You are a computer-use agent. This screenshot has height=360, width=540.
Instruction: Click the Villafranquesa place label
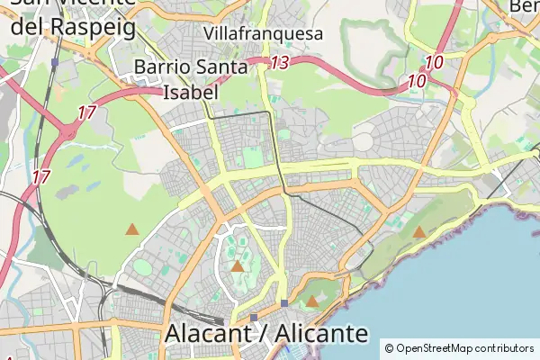click(263, 33)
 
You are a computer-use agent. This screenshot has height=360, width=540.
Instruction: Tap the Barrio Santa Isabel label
click(189, 79)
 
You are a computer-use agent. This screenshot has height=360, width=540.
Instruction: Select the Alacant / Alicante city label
click(266, 334)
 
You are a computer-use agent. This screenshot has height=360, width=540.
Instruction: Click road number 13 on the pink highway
click(280, 63)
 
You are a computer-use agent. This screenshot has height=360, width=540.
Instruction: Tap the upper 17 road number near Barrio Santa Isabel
click(86, 113)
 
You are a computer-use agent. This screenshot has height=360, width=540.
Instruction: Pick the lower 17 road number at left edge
click(40, 177)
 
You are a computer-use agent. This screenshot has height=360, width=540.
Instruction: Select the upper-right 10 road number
click(435, 63)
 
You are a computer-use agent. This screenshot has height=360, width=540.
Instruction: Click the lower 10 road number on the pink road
click(416, 81)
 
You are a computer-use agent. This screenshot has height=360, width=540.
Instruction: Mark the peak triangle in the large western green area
click(132, 229)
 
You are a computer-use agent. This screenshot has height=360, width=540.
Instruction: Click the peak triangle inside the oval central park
click(238, 265)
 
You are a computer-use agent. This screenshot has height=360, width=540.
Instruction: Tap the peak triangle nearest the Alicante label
click(311, 301)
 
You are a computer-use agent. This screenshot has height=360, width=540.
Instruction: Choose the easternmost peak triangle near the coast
click(419, 232)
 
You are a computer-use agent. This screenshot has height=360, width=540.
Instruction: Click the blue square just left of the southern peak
click(284, 303)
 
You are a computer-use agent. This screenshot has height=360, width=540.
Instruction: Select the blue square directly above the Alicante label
click(255, 317)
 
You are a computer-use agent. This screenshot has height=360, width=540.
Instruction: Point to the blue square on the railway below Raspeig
click(55, 64)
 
